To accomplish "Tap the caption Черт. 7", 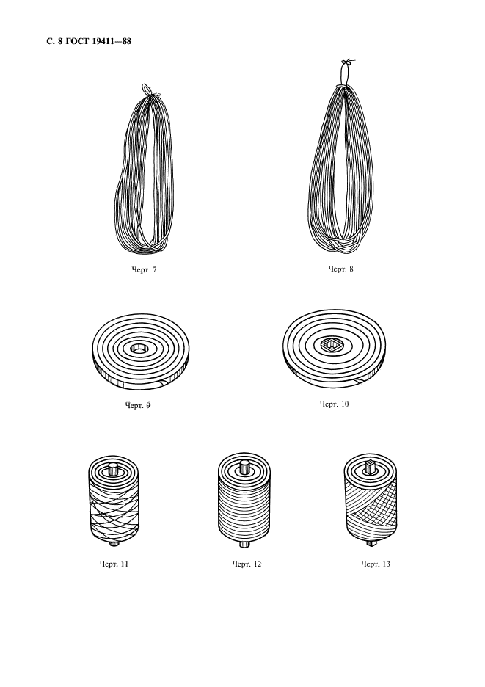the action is (x=144, y=270).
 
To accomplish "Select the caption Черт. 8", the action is (x=340, y=269).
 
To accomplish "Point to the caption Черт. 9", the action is (x=137, y=405).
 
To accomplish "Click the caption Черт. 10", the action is (x=335, y=404).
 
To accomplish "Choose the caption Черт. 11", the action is (x=114, y=564).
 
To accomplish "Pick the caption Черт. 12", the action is (x=247, y=564).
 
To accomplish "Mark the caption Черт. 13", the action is (x=376, y=564).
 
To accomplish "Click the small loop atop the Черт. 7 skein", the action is (x=147, y=89).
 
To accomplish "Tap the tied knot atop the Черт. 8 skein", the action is (x=346, y=62).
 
